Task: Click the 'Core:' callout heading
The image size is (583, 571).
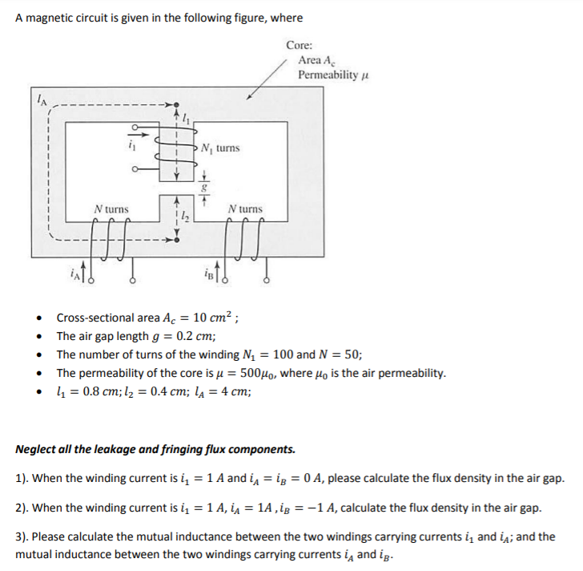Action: coord(299,46)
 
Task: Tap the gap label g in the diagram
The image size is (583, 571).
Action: coord(203,184)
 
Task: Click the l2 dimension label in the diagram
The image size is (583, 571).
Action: coord(185,214)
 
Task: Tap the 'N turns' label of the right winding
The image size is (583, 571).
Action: coord(244,209)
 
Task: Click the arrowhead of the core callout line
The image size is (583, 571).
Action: coord(250,98)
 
